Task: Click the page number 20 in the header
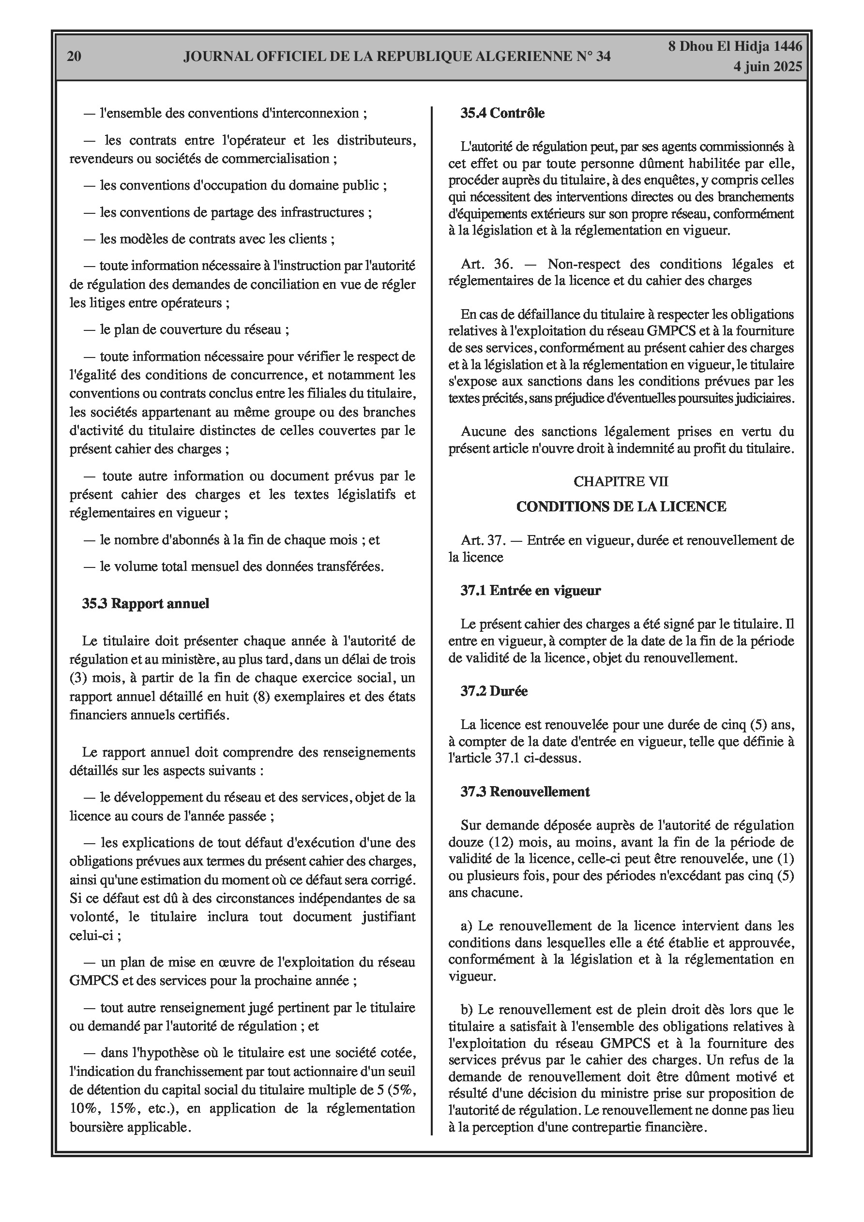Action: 74,57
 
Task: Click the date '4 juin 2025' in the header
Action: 768,67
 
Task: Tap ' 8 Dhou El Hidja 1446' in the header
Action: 735,47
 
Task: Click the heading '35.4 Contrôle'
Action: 502,113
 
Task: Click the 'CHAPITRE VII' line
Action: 621,481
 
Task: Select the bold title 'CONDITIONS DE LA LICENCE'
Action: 621,506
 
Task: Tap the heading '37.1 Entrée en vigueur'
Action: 531,590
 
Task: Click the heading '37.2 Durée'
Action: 494,691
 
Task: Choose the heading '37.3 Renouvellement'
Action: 525,791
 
